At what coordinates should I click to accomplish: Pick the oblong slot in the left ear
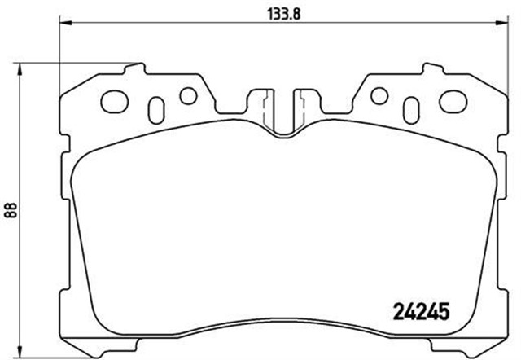click(158, 108)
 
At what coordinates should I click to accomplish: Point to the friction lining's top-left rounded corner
click(81, 160)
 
